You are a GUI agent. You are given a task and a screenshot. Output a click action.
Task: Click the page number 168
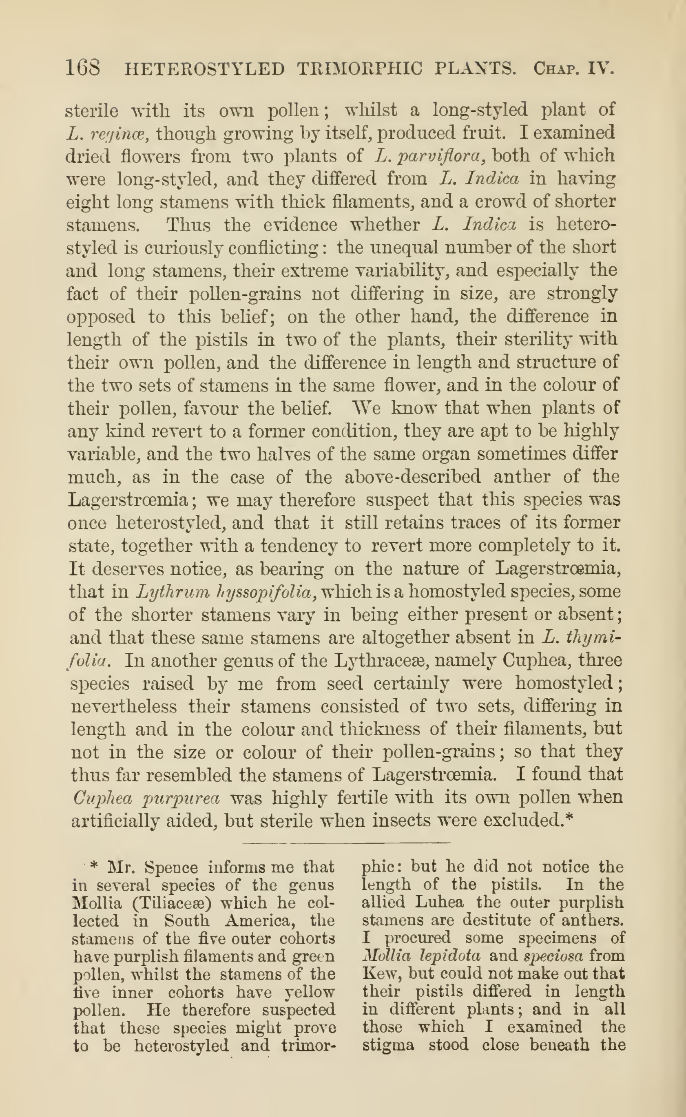(83, 69)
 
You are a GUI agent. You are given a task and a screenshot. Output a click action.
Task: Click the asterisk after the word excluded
(570, 819)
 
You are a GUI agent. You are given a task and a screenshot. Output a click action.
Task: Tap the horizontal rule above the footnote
(347, 843)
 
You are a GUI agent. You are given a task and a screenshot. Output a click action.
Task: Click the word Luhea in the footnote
(439, 902)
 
